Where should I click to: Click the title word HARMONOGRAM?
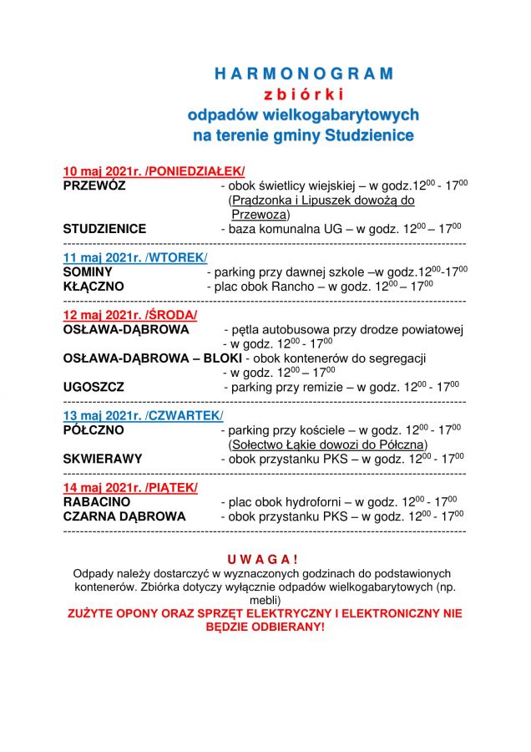303,74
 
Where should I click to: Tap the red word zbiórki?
303,94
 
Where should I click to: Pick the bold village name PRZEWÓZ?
94,185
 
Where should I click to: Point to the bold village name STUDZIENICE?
104,228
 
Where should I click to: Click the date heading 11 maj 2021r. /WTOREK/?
135,257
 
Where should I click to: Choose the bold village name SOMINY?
88,272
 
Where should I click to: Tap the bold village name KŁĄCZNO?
94,286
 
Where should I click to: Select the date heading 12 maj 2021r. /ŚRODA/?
130,315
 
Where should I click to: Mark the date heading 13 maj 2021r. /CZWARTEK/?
144,415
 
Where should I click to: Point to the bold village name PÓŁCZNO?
94,429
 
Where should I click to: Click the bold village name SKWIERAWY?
103,459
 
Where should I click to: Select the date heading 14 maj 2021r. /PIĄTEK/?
130,487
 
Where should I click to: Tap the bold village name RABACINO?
97,502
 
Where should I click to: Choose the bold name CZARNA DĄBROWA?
124,516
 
